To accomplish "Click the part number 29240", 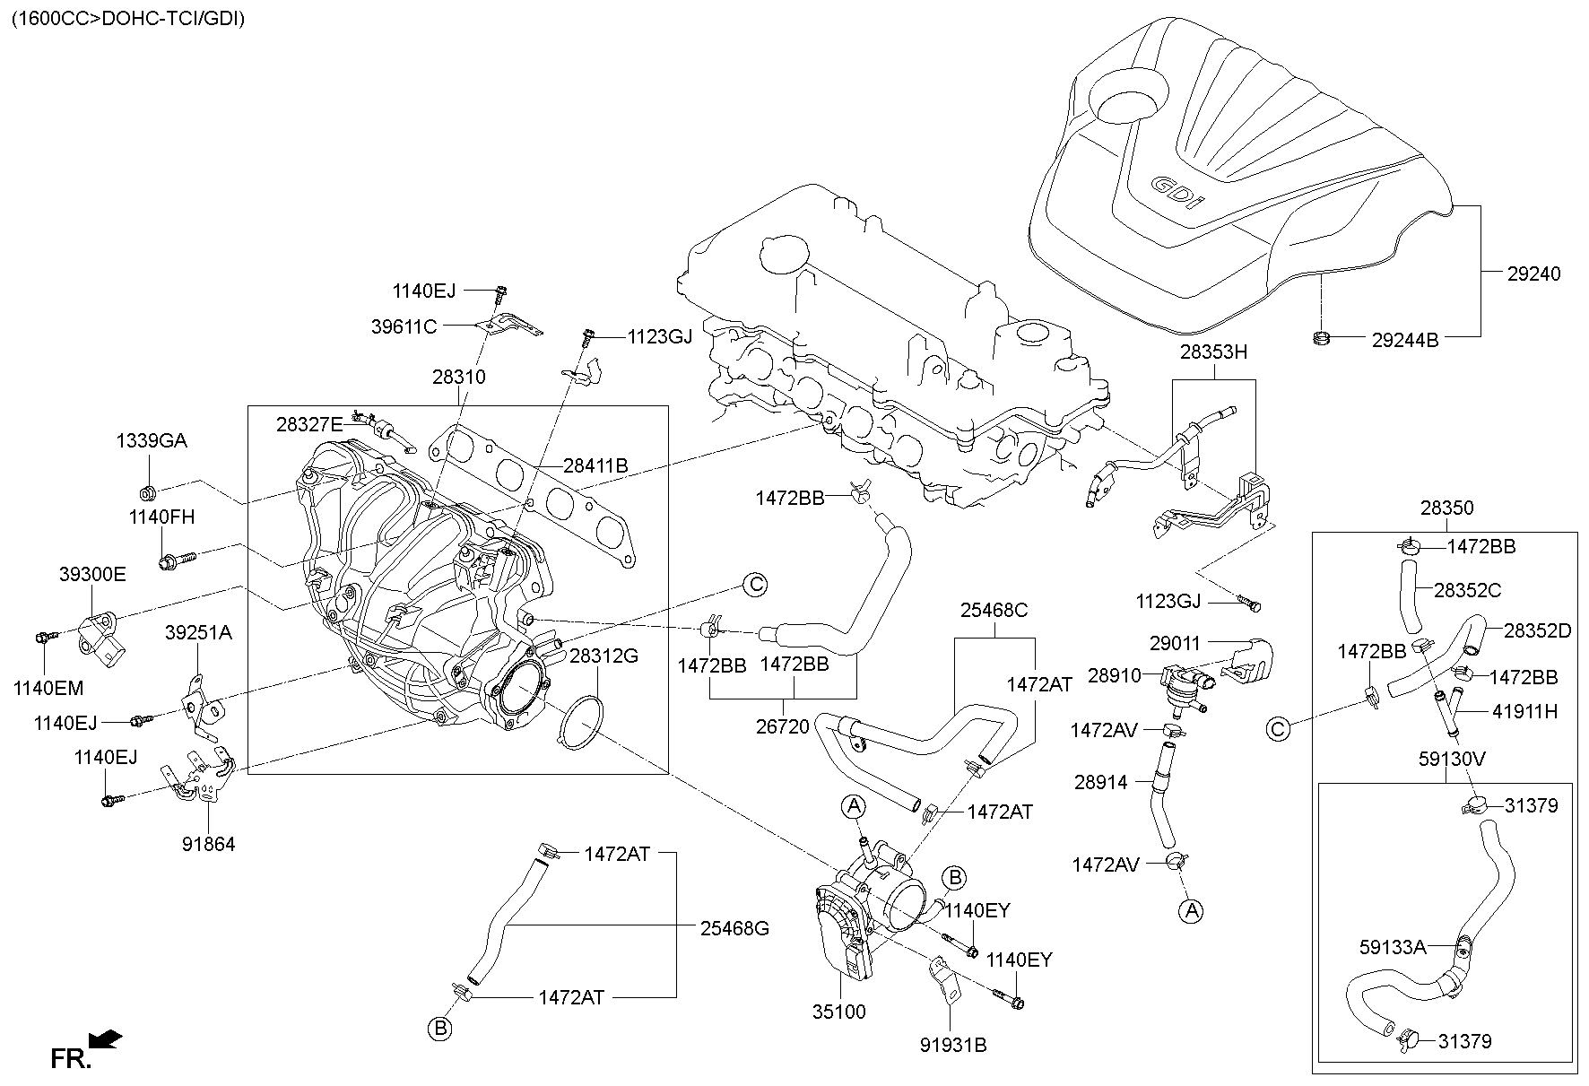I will click(x=1533, y=274).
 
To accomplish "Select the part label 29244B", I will click(x=1404, y=340).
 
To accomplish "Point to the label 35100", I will click(x=838, y=1012).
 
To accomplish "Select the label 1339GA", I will click(x=152, y=441).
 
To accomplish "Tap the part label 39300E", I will click(x=92, y=575).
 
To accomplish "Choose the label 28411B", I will click(x=595, y=465).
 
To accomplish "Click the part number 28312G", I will click(x=603, y=656).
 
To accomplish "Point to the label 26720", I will click(x=782, y=726).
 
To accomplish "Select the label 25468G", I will click(x=734, y=928).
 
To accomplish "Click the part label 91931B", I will click(x=952, y=1045).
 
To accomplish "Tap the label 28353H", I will click(x=1213, y=352).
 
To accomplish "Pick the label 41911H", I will click(x=1524, y=712).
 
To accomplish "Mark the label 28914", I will click(x=1100, y=782).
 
